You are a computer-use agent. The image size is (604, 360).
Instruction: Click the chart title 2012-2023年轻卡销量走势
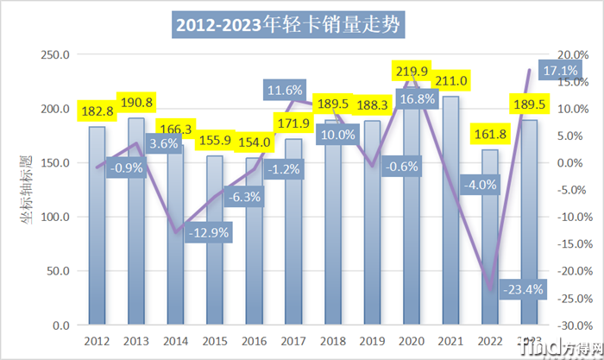pyautogui.click(x=289, y=25)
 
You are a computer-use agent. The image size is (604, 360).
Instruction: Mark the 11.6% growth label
pyautogui.click(x=285, y=90)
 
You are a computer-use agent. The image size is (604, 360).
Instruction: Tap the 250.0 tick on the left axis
pyautogui.click(x=57, y=54)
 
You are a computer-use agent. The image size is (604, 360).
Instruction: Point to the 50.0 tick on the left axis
pyautogui.click(x=60, y=271)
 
